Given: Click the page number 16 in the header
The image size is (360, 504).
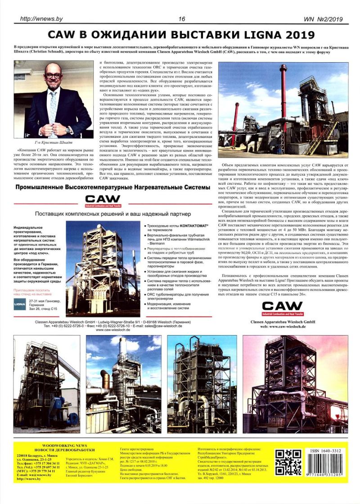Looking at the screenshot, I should tap(182, 18).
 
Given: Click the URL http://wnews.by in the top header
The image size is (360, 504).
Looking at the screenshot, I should tap(41, 18).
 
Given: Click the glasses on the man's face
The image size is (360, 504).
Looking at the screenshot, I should tap(53, 75).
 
